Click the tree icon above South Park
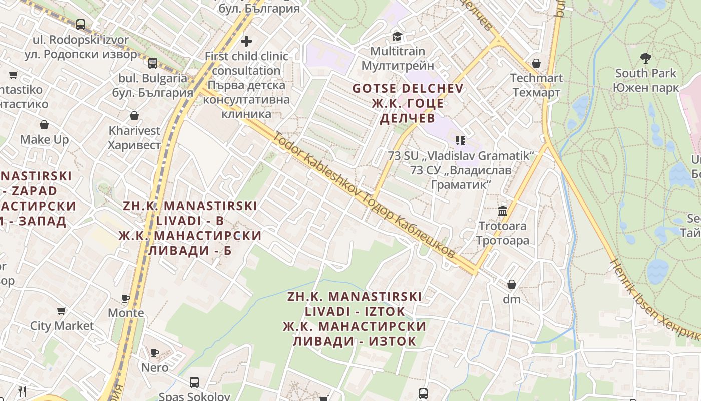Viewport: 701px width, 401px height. (x=646, y=58)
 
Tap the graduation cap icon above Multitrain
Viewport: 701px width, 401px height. (x=397, y=36)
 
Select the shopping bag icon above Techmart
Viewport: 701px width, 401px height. (x=536, y=63)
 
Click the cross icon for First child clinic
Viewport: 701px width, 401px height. (x=246, y=41)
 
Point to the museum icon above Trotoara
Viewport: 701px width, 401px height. (x=503, y=211)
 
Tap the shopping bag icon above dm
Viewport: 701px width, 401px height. (x=512, y=284)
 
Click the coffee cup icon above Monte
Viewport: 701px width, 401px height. (x=126, y=299)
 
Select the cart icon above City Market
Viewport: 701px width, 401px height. (x=61, y=311)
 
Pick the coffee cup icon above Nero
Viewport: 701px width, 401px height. (x=155, y=353)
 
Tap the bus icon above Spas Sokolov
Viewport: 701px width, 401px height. (x=194, y=382)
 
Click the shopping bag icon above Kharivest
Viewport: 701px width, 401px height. (x=134, y=116)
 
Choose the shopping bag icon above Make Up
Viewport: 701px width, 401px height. (x=44, y=125)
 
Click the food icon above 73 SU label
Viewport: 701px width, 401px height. (x=461, y=141)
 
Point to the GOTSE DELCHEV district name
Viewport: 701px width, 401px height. (x=408, y=89)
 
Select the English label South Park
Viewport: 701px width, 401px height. (x=646, y=73)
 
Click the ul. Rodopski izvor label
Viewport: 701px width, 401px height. (x=81, y=40)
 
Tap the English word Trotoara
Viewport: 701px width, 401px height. (x=503, y=226)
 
